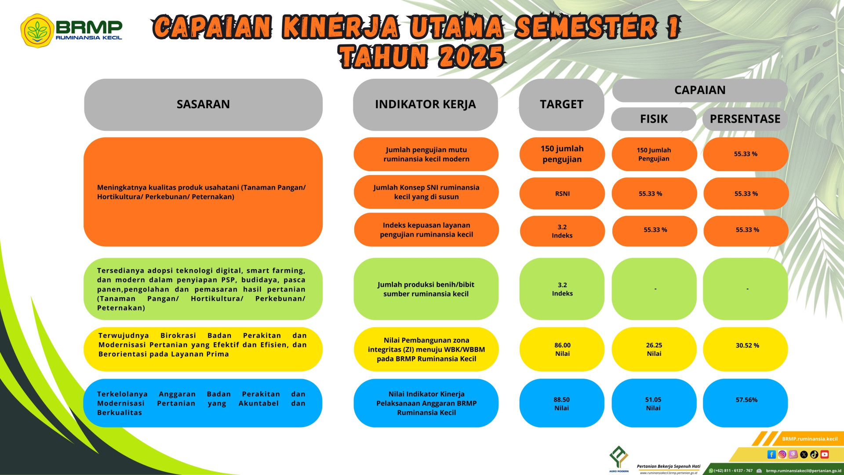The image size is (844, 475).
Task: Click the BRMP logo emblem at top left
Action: [x=37, y=30]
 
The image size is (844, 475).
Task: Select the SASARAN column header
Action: [x=203, y=105]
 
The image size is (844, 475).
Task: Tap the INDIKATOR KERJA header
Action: [x=426, y=105]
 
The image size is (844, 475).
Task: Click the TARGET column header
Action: [x=561, y=105]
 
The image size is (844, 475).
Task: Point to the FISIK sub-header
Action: [x=654, y=119]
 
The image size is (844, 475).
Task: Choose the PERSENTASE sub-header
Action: [x=745, y=119]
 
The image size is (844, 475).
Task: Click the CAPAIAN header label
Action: [x=700, y=90]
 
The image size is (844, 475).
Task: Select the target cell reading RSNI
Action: [x=562, y=194]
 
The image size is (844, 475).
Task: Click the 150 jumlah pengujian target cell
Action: [x=562, y=154]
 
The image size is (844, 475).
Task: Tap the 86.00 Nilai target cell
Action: [x=562, y=349]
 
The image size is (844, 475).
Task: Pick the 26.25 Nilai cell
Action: [x=654, y=349]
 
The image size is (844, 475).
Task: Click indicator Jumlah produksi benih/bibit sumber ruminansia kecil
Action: [x=426, y=289]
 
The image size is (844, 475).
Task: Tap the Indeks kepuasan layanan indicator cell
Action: [x=426, y=230]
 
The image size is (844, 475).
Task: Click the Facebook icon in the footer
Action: [x=771, y=454]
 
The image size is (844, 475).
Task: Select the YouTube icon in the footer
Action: [x=825, y=454]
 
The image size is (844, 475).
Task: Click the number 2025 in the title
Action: [x=471, y=56]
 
